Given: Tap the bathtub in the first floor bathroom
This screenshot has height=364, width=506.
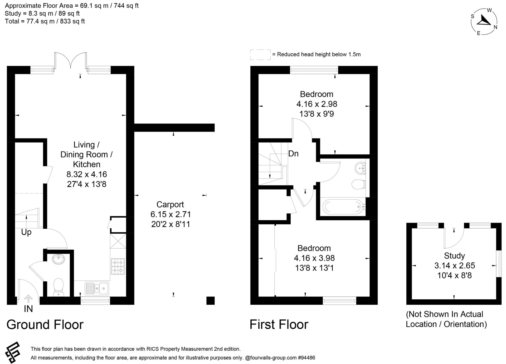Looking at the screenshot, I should tap(343, 207).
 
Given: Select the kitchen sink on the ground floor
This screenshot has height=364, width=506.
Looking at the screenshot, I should tap(97, 288).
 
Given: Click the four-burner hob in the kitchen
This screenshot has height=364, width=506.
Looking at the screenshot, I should tap(118, 266).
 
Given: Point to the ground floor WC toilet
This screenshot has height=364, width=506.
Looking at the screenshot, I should tap(58, 287).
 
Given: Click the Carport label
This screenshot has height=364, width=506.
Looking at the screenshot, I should tap(170, 205).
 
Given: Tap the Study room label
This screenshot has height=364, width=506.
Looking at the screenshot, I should tap(454, 256).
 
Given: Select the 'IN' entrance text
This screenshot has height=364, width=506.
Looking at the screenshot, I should tap(28, 309).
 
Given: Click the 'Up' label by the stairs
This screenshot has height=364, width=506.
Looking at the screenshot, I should tap(26, 232).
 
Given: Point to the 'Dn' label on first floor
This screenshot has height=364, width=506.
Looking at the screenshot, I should tap(293, 154).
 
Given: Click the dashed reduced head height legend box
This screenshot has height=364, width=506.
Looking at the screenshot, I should tap(260, 54).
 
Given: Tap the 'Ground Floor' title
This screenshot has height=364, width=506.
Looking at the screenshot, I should tap(45, 324).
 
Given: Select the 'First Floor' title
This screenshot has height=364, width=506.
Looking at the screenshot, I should tap(279, 324).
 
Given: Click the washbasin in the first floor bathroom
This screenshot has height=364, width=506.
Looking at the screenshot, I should tap(360, 168).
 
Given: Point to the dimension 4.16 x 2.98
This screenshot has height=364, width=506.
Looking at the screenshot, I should tap(317, 104).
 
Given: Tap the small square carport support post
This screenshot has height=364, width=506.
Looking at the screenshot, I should tap(210, 301).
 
